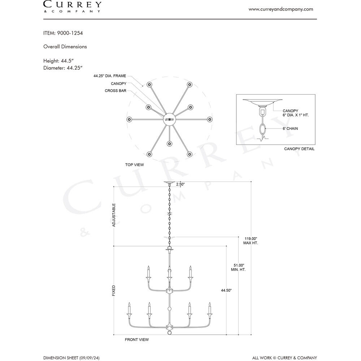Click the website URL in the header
(280, 9)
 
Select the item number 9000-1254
(70, 33)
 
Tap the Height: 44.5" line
(58, 61)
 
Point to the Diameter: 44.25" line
(63, 68)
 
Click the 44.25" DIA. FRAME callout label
(110, 76)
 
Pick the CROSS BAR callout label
(116, 91)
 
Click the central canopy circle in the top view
(169, 119)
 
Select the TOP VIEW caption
(134, 165)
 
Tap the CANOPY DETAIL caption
(299, 149)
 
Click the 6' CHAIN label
(290, 129)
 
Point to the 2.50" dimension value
(180, 184)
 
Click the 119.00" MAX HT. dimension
(251, 241)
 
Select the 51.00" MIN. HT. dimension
(239, 267)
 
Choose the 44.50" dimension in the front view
(226, 290)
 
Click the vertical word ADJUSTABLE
(114, 215)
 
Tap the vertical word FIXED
(114, 291)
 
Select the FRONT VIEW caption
(137, 340)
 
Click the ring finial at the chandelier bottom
(169, 332)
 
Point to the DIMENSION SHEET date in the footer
(71, 358)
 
